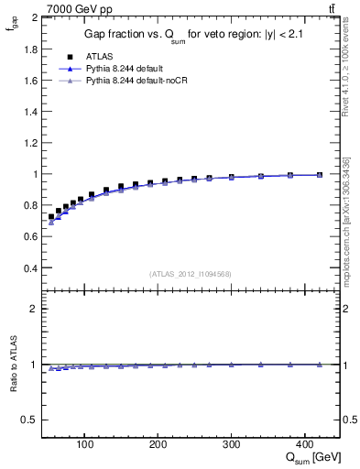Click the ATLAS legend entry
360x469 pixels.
(x=97, y=56)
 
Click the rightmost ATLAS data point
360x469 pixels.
(x=320, y=175)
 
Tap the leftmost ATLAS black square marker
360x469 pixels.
(x=51, y=217)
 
